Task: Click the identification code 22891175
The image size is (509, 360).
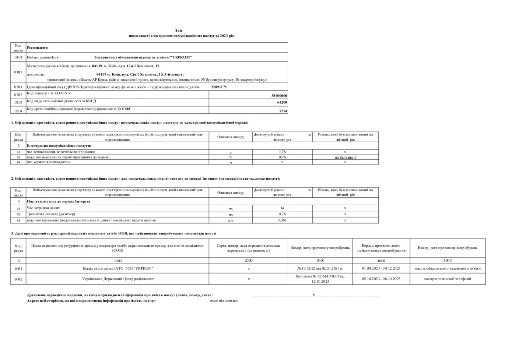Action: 219,87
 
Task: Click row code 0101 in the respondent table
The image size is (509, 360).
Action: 18,58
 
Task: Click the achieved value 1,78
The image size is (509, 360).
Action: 282,151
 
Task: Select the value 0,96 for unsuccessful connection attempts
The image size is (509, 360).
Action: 282,157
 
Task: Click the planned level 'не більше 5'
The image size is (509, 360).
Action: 345,157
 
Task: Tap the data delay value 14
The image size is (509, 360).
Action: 282,208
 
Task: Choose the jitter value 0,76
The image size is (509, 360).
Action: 282,214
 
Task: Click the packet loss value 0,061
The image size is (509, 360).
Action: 282,220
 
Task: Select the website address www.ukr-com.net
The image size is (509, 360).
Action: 224,301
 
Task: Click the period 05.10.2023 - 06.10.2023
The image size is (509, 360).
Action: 381,279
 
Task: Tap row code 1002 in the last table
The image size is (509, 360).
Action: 18,279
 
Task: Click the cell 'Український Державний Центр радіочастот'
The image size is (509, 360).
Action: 118,279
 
